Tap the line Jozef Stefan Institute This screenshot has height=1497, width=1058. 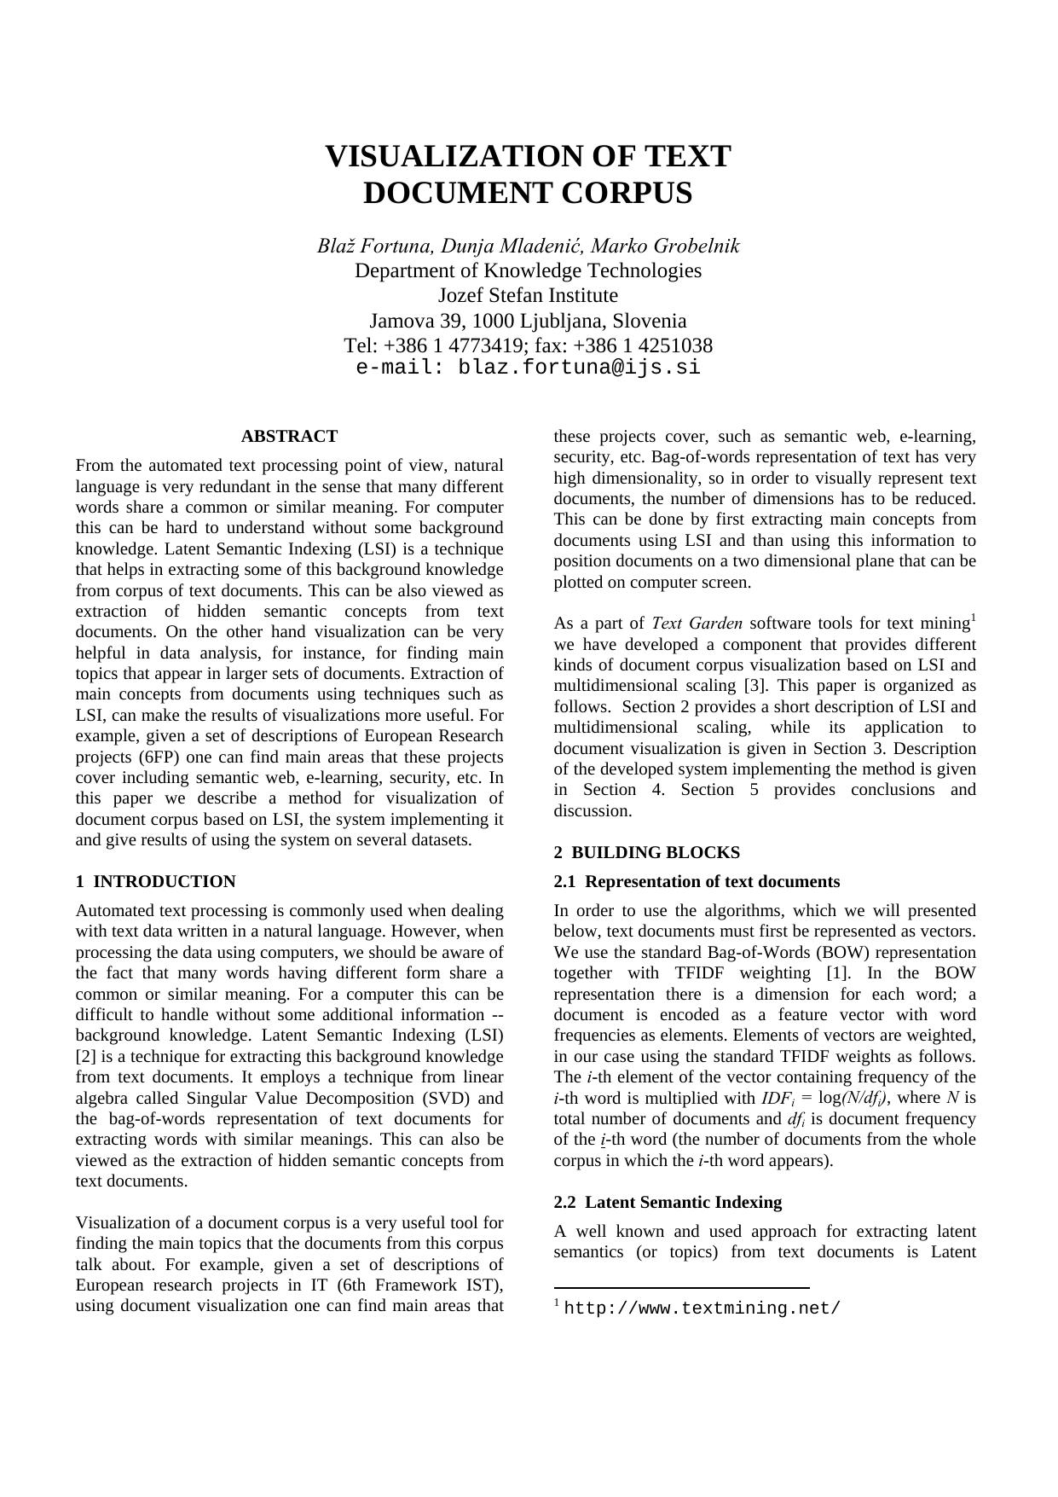(x=528, y=296)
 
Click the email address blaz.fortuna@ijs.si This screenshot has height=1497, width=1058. (x=580, y=368)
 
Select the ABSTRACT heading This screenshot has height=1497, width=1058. (x=289, y=437)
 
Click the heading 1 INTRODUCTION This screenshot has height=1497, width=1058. (x=155, y=882)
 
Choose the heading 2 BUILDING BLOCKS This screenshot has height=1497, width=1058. (x=646, y=853)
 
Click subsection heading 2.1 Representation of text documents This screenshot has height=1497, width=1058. (x=697, y=882)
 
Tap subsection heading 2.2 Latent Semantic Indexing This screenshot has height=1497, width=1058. (x=668, y=1203)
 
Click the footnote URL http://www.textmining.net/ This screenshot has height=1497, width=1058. (x=702, y=1309)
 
